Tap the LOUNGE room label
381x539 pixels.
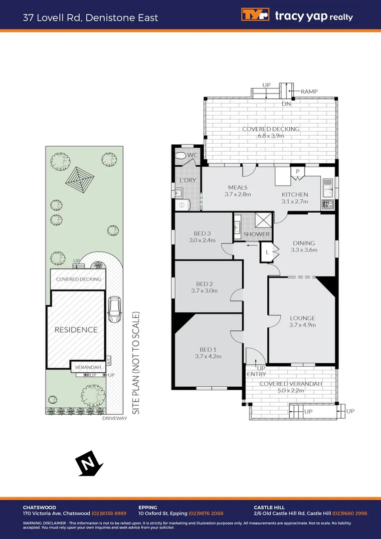pyautogui.click(x=303, y=318)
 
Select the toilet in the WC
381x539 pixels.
pyautogui.click(x=182, y=156)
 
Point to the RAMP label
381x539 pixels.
pyautogui.click(x=309, y=92)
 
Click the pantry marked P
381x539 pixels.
pyautogui.click(x=298, y=171)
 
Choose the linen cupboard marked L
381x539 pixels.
pyautogui.click(x=267, y=253)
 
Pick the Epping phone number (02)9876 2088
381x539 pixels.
pyautogui.click(x=206, y=514)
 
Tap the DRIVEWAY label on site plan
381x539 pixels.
pyautogui.click(x=115, y=418)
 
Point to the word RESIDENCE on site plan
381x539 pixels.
pyautogui.click(x=76, y=330)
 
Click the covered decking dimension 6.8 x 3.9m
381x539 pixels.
pyautogui.click(x=271, y=136)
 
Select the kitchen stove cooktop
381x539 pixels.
pyautogui.click(x=328, y=204)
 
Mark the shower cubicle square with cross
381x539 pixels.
pyautogui.click(x=263, y=220)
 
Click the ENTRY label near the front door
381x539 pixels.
pyautogui.click(x=256, y=374)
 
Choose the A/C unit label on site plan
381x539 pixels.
pyautogui.click(x=108, y=359)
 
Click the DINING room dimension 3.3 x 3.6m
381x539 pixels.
pyautogui.click(x=304, y=250)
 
